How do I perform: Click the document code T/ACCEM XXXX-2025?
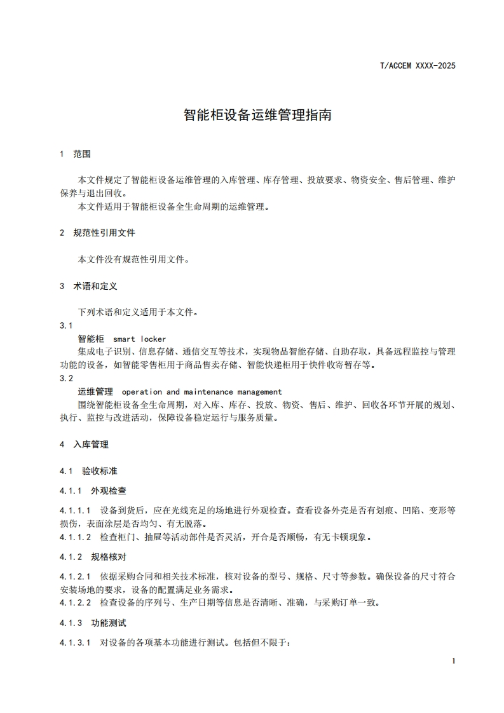tap(418, 65)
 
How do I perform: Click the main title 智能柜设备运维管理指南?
tap(257, 116)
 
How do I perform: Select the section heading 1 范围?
tap(75, 154)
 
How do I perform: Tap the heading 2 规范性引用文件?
tap(97, 233)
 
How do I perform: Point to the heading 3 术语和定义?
tap(88, 286)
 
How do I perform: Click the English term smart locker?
tap(139, 339)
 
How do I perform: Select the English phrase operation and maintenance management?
tap(201, 391)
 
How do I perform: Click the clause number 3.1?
tap(66, 325)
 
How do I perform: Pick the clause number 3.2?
tap(66, 378)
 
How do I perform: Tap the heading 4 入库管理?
tap(84, 445)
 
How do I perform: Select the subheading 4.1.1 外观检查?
tap(93, 491)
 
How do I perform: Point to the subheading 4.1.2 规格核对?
tap(93, 557)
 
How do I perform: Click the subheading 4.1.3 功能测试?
tap(93, 623)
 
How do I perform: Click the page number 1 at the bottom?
tap(454, 662)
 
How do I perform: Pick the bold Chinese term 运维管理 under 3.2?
tap(95, 391)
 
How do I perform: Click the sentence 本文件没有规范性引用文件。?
tap(133, 259)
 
